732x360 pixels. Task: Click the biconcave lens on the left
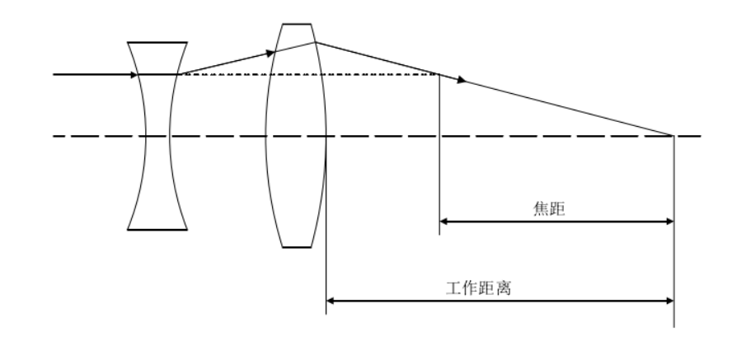click(157, 136)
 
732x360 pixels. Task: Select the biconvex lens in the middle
click(296, 136)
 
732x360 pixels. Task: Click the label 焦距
click(547, 209)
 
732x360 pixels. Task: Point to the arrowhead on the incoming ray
click(134, 75)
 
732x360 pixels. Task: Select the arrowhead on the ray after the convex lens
click(462, 80)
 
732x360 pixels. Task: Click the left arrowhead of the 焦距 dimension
click(443, 221)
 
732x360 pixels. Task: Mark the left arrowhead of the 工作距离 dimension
click(331, 301)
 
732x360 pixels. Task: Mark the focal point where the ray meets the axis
click(673, 135)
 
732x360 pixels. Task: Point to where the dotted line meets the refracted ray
click(439, 75)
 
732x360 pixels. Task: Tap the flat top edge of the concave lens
click(157, 43)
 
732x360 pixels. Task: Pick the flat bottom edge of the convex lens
click(297, 246)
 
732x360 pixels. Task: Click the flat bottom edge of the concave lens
click(157, 228)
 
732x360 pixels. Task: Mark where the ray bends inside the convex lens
click(315, 41)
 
